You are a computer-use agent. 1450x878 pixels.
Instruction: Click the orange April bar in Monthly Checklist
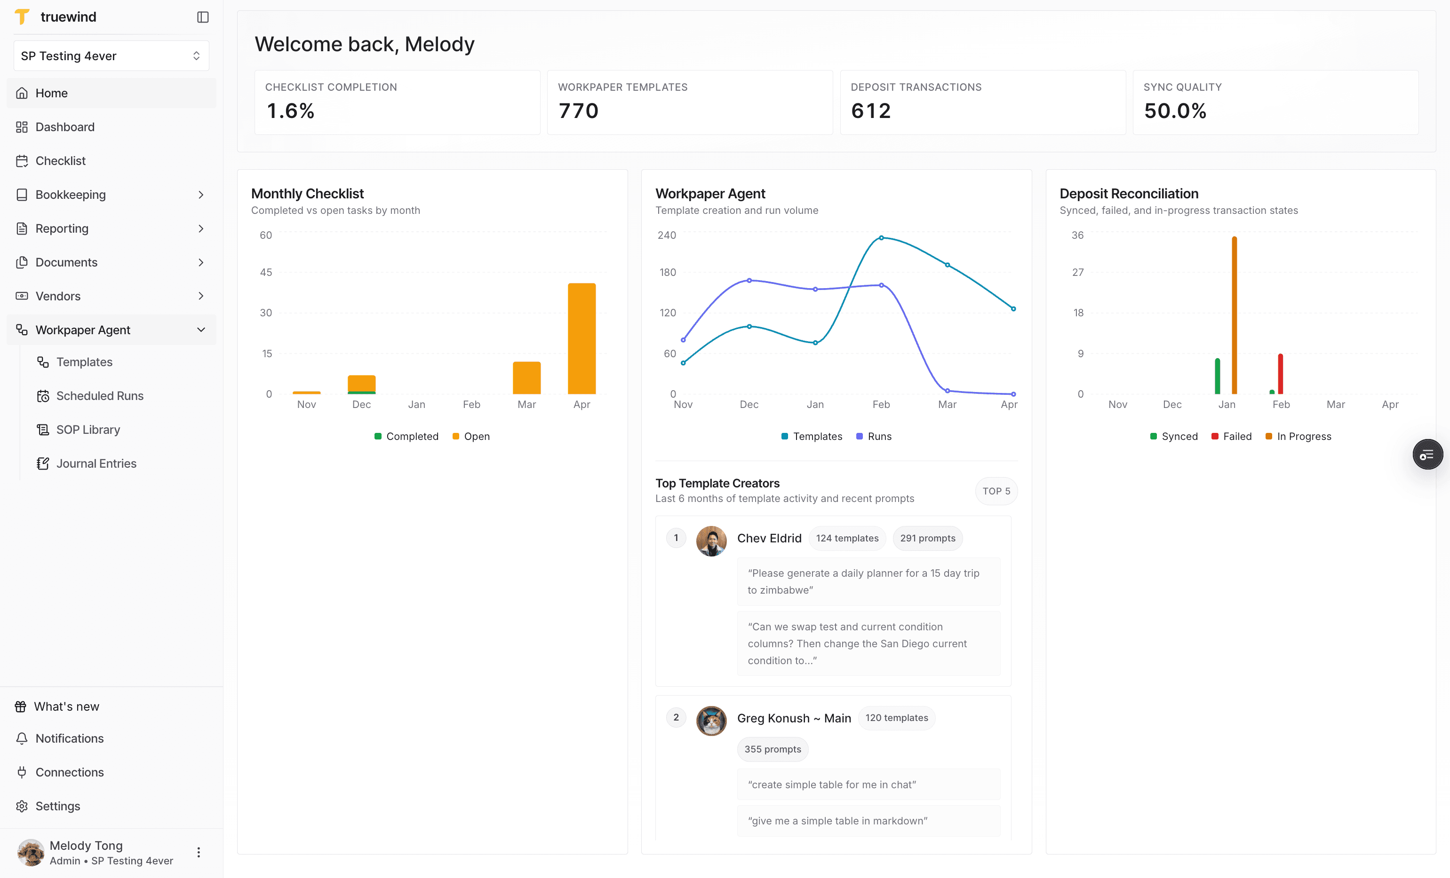tap(582, 339)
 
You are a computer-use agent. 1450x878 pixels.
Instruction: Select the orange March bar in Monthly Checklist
tap(526, 377)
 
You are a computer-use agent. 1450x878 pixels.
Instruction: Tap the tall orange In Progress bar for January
tap(1234, 315)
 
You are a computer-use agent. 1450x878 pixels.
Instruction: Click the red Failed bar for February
tap(1280, 374)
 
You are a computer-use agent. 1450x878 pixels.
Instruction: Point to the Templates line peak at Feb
tap(881, 237)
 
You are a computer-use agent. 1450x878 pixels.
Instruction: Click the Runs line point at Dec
tap(749, 281)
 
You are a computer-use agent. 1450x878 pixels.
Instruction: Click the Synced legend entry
tap(1174, 436)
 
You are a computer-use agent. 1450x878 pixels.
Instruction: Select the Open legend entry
tap(471, 436)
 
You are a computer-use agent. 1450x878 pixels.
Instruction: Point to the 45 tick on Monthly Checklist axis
tap(266, 272)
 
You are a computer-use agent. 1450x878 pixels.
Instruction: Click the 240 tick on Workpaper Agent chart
tap(667, 235)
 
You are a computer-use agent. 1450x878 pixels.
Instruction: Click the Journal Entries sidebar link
tap(96, 463)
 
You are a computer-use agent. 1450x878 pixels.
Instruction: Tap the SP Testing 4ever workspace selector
tap(111, 56)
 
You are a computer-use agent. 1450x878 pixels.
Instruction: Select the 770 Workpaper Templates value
tap(579, 110)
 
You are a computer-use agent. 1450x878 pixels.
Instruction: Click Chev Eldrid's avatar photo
tap(711, 541)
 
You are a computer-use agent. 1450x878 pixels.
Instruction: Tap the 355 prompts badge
tap(773, 749)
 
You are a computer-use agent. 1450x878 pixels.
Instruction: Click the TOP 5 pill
tap(996, 491)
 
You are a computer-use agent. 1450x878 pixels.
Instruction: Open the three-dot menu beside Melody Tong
tap(199, 853)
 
